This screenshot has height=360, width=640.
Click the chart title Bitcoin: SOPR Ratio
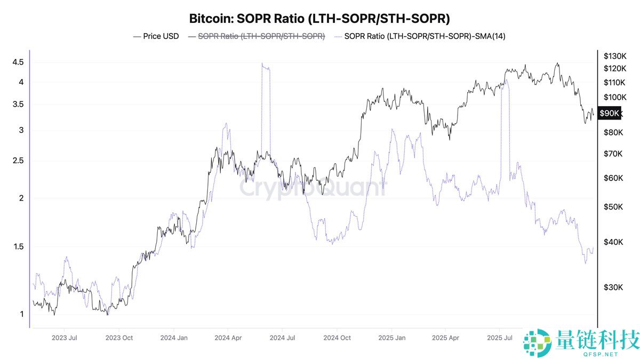click(x=319, y=18)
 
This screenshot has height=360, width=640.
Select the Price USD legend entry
click(x=156, y=36)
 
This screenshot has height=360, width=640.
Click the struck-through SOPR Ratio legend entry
click(x=256, y=36)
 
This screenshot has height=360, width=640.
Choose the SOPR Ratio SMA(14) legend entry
click(x=421, y=36)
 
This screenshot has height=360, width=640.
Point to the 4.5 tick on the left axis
click(x=18, y=62)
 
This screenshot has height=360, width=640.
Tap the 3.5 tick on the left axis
click(x=18, y=105)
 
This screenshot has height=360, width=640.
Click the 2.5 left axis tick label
click(x=18, y=161)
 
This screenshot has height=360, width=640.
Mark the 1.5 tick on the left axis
click(x=18, y=247)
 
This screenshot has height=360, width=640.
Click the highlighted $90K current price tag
click(x=609, y=113)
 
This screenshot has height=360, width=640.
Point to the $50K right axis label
click(x=613, y=207)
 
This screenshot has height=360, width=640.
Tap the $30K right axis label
click(x=613, y=287)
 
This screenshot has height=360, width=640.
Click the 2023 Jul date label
click(x=65, y=338)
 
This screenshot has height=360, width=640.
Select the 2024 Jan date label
click(x=174, y=338)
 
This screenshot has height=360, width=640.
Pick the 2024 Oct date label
click(x=337, y=338)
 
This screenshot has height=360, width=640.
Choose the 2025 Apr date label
click(x=445, y=338)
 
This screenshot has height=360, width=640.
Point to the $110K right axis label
click(x=614, y=83)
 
